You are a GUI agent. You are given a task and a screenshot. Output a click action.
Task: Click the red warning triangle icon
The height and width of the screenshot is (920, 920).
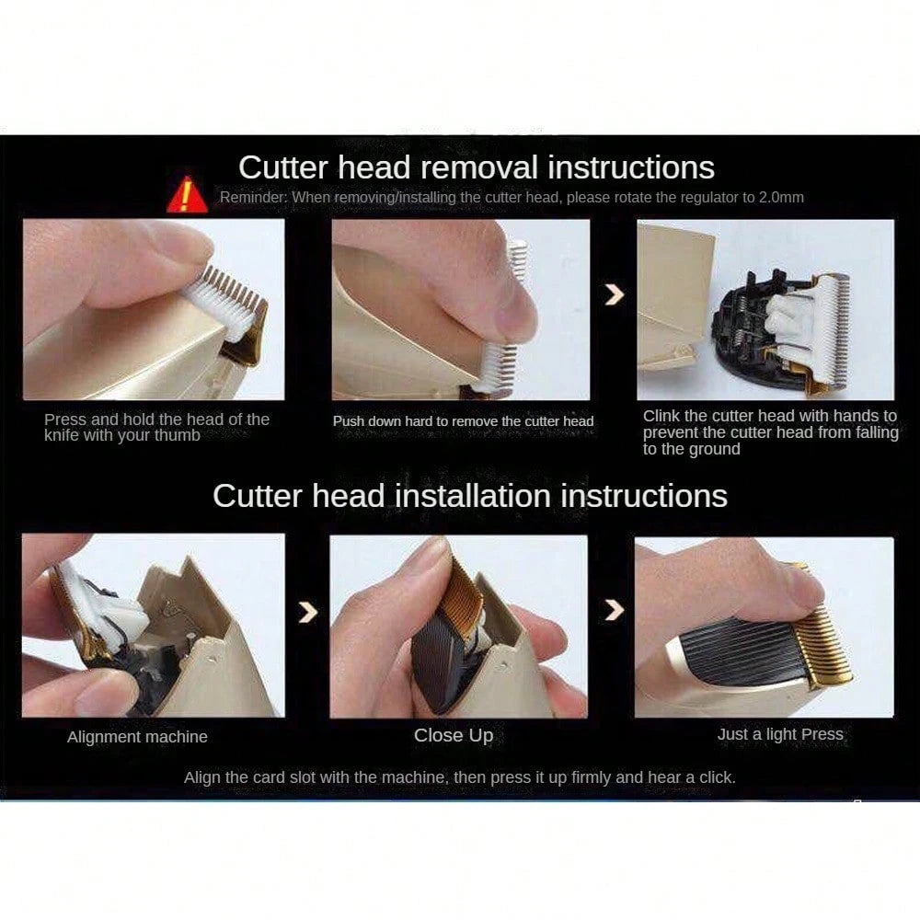click(x=187, y=195)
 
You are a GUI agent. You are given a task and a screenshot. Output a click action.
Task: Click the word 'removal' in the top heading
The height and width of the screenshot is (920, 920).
click(x=478, y=167)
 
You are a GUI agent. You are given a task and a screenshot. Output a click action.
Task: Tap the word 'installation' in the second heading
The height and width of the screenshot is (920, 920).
click(x=473, y=496)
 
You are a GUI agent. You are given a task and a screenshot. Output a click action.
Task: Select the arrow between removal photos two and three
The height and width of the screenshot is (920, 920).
click(x=615, y=294)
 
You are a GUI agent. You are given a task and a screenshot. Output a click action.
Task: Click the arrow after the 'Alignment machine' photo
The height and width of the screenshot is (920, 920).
click(x=308, y=612)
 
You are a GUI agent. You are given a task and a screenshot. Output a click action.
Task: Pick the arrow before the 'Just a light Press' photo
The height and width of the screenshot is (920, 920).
click(x=615, y=610)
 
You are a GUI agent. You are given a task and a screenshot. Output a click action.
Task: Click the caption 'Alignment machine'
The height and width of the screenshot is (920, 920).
click(x=137, y=737)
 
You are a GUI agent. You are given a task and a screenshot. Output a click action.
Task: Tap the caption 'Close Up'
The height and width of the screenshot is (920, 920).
click(x=454, y=735)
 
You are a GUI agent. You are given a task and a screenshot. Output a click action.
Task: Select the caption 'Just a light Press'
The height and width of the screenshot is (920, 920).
click(x=780, y=734)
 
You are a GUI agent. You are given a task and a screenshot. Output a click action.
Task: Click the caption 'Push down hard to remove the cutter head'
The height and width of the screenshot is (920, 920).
click(x=463, y=421)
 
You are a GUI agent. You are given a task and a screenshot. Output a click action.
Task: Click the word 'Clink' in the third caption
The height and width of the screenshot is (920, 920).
click(x=661, y=416)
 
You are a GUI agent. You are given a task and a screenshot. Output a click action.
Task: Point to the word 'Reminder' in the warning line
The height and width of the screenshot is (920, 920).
click(x=253, y=197)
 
